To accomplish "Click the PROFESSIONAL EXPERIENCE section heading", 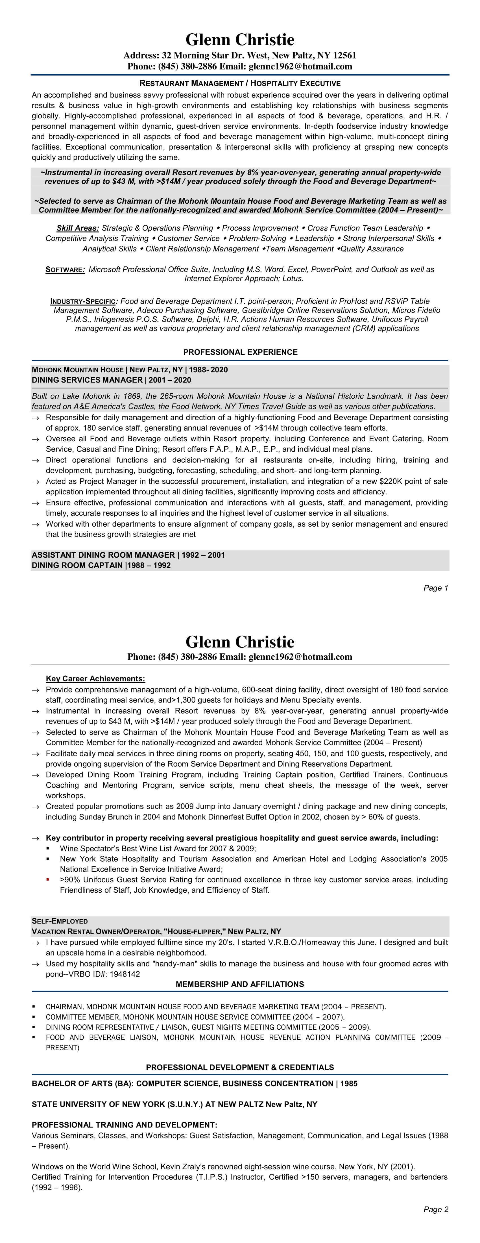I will click(240, 352).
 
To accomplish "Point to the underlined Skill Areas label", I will click(78, 228).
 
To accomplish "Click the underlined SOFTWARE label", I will click(65, 270).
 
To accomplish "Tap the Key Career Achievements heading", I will click(95, 679).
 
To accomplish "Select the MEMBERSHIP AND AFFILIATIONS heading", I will click(240, 984).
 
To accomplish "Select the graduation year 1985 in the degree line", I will click(349, 1084).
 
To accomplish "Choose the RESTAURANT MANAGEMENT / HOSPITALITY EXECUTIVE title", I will click(240, 83).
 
